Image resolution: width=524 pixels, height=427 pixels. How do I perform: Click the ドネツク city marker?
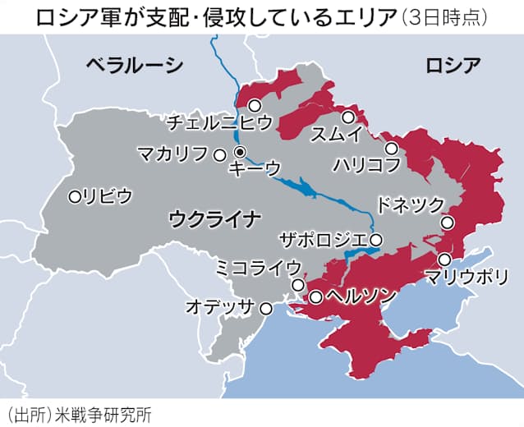click(x=448, y=222)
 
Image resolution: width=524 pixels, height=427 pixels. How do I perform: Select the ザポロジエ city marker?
click(x=375, y=240)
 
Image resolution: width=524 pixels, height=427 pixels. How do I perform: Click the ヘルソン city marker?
click(x=315, y=297)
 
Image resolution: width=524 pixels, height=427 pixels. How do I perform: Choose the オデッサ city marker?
click(x=265, y=309)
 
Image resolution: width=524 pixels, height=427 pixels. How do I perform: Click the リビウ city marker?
click(x=75, y=196)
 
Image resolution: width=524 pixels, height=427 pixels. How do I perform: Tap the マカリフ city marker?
click(x=219, y=154)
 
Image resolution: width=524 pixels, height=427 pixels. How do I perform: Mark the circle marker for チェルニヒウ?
click(x=255, y=105)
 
